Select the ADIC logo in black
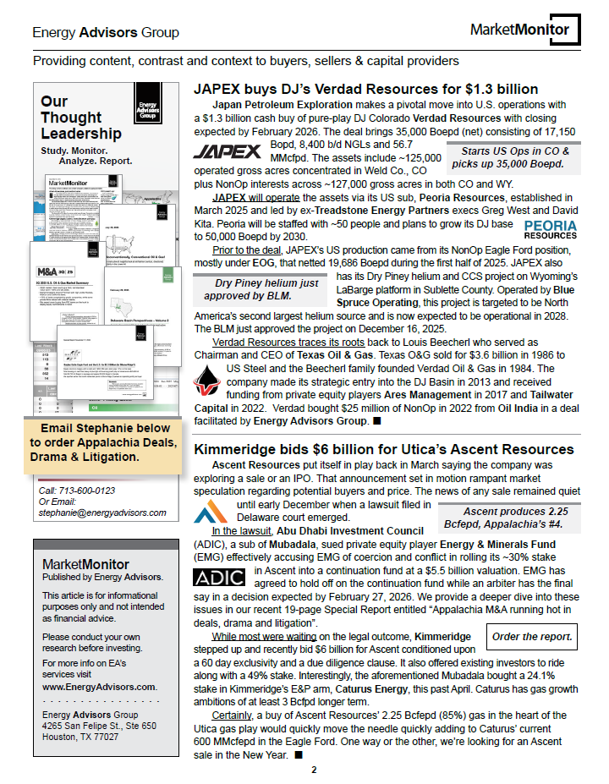pos(219,578)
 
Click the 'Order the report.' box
pos(532,636)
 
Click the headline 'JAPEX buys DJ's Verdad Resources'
pos(365,90)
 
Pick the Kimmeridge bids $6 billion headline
pos(384,449)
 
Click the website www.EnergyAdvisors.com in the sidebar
pos(99,687)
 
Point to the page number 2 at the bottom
pos(314,770)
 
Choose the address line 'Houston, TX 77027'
pos(80,737)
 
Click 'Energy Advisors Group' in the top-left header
pos(106,33)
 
